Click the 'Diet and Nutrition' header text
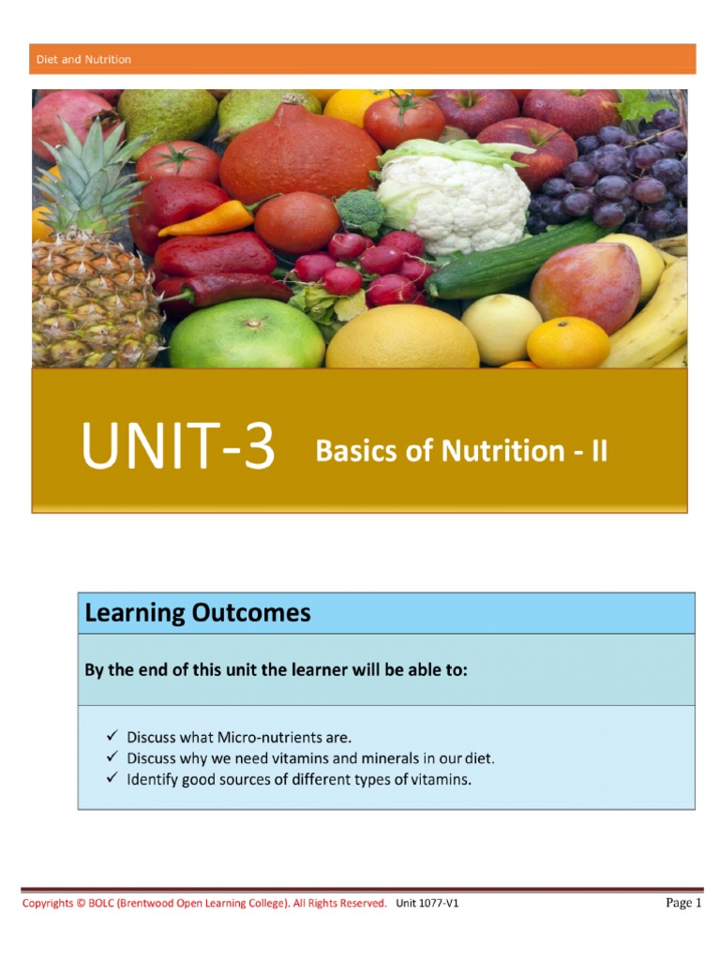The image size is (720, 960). coord(83,59)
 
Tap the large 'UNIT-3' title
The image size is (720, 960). coord(178,448)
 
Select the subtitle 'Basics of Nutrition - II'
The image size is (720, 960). coord(461,452)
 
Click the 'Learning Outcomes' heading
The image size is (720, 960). coord(197,613)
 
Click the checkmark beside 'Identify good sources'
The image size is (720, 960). coord(112,777)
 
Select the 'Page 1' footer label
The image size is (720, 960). coord(683,903)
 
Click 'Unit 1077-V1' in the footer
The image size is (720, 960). coord(427,904)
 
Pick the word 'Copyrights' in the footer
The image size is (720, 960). coord(48,904)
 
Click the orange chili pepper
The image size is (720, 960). coord(208,218)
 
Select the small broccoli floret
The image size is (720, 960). coord(360,211)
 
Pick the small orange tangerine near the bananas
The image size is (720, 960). coord(568,342)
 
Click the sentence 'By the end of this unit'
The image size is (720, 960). coord(276,670)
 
